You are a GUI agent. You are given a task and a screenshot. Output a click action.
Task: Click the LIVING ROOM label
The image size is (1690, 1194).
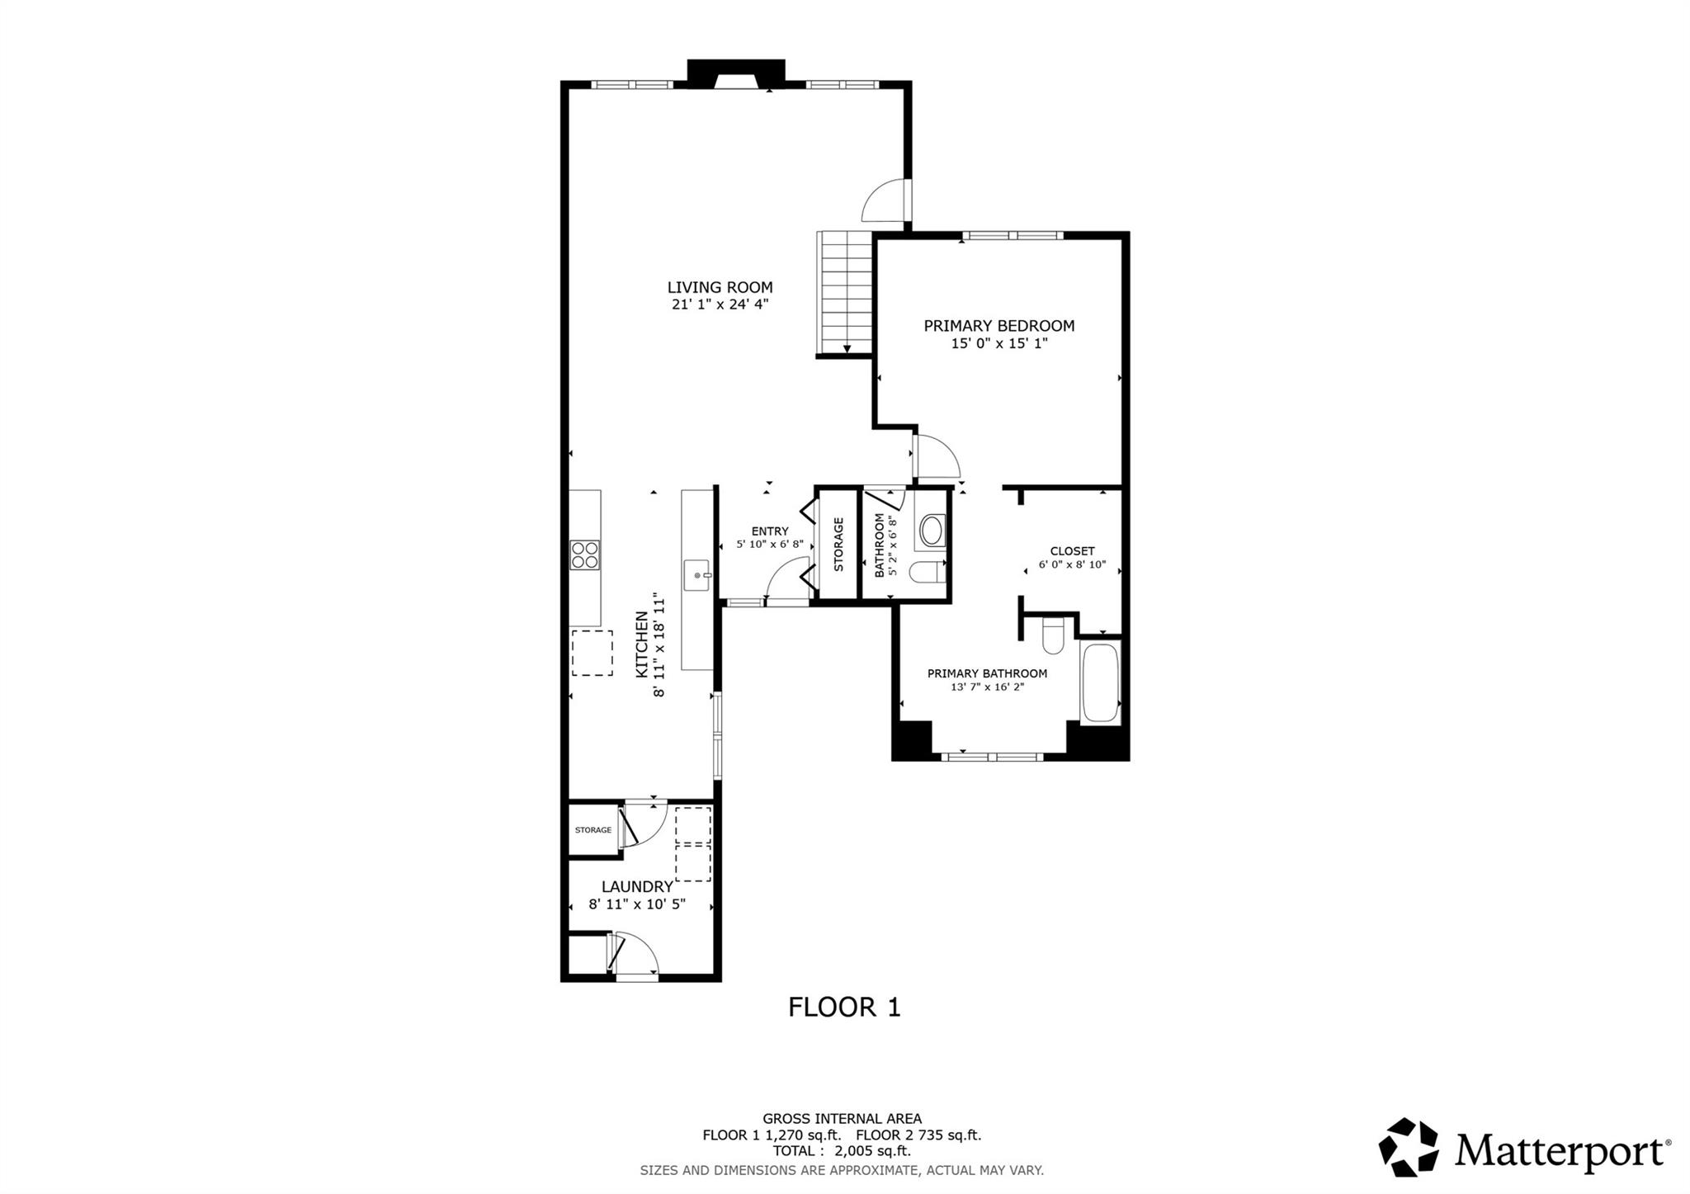[x=720, y=287]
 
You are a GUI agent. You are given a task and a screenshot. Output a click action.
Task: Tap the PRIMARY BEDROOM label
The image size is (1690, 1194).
[x=998, y=326]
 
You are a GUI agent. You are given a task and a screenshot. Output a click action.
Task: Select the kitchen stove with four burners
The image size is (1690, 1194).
[x=585, y=555]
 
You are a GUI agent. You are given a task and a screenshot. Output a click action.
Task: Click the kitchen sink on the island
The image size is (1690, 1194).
[x=698, y=574]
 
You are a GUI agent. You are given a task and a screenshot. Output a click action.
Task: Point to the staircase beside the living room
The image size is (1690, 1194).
[x=845, y=293]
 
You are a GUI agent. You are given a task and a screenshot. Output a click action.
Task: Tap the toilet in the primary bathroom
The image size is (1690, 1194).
[x=1054, y=635]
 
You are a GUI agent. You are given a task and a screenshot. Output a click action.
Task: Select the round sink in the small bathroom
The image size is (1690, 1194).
[x=932, y=531]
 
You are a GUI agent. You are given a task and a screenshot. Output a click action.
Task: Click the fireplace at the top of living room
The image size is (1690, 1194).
[x=735, y=74]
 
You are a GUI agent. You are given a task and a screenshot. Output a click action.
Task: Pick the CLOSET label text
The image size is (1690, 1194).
[x=1072, y=551]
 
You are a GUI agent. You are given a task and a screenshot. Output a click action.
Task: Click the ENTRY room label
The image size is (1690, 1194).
[x=770, y=531]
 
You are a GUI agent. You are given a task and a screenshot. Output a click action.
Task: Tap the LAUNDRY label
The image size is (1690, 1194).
[x=636, y=887]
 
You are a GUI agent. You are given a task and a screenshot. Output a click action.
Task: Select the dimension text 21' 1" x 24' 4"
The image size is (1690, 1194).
[x=720, y=304]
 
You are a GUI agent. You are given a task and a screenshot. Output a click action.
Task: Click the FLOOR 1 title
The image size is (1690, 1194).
[x=844, y=1008]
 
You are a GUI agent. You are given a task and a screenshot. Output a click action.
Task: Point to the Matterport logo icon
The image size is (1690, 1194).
[x=1409, y=1146]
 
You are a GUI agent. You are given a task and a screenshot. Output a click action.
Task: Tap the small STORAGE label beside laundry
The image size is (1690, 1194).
[x=593, y=830]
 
